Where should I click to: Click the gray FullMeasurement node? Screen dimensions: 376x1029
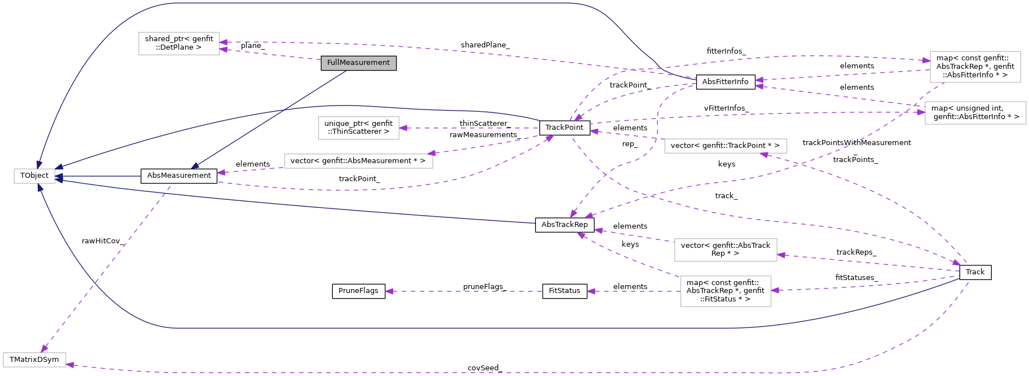coord(358,63)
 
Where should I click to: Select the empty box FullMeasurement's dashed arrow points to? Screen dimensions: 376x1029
coord(179,43)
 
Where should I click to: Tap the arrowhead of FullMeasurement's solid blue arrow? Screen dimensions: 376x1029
coord(195,165)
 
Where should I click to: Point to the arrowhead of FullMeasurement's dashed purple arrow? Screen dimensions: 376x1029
coord(223,50)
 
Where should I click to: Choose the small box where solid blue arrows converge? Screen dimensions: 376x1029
coord(34,176)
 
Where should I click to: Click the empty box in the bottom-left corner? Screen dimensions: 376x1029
coord(34,360)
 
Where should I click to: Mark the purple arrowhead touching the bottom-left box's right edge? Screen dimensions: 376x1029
coord(70,365)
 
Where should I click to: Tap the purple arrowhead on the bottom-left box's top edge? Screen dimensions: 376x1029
coord(44,349)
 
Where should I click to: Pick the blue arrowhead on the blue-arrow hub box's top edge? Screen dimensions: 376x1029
coord(39,164)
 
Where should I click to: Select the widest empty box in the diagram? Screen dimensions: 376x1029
coord(358,161)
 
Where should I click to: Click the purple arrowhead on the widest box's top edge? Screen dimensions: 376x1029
coord(431,152)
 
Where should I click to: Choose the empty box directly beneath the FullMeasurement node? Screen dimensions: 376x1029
coord(358,128)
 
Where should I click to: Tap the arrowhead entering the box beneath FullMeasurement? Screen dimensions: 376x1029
coord(403,128)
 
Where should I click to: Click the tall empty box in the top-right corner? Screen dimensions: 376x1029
coord(975,67)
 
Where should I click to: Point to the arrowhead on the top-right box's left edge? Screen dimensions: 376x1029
coord(926,60)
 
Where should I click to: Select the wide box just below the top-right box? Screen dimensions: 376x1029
coord(975,113)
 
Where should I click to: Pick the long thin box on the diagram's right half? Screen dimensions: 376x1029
coord(725,146)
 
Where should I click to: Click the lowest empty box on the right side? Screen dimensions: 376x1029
coord(725,291)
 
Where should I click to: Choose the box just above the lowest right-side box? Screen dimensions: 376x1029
coord(725,250)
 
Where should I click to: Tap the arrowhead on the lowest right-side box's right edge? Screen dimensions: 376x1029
coord(775,290)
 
